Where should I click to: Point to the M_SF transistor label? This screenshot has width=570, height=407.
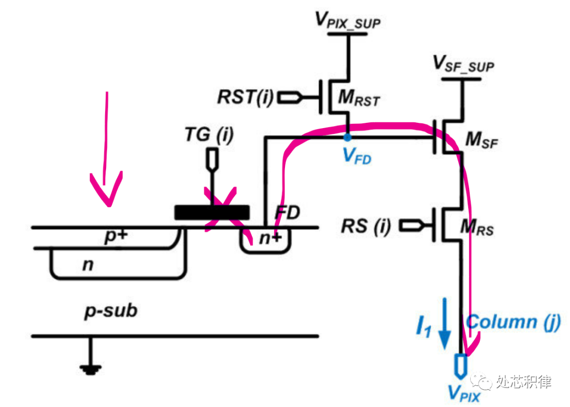(481, 141)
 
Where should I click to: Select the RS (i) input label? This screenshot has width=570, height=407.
(366, 226)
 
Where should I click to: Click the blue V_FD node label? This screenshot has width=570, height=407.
(356, 157)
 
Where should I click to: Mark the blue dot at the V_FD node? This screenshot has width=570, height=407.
(347, 138)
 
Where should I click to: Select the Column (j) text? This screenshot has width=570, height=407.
(513, 321)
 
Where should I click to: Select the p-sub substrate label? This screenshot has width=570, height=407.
(111, 311)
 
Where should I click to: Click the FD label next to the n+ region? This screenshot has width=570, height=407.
(287, 214)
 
